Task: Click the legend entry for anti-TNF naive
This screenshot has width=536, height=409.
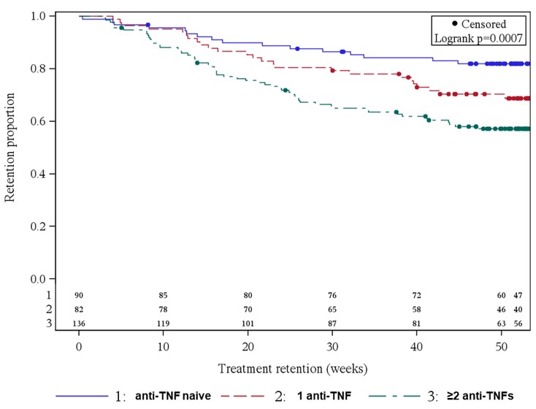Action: (171, 396)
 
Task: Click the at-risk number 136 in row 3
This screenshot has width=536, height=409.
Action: (78, 323)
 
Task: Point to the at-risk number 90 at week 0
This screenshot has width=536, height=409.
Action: (78, 295)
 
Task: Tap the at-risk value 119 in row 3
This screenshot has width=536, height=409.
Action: (163, 323)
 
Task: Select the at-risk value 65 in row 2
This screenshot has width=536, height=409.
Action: (333, 309)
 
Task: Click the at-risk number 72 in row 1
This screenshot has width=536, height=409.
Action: (417, 295)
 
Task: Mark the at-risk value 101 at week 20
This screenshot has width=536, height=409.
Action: (248, 323)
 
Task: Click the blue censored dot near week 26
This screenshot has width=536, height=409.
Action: (297, 48)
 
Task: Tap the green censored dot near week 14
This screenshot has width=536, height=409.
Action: (197, 63)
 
